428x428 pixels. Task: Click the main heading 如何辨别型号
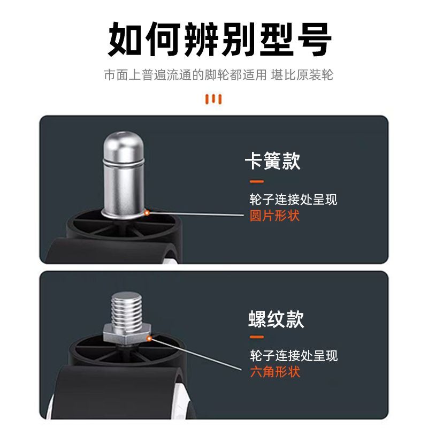point(220,39)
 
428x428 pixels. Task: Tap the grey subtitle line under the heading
point(219,75)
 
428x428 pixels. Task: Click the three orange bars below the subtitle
point(213,100)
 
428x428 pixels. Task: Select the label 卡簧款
point(272,161)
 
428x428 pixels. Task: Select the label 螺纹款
point(276,319)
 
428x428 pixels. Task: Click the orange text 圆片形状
point(274,216)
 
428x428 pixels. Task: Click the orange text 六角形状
point(275,372)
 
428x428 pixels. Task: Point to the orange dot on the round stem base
point(147,212)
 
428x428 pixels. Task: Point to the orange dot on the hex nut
point(149,339)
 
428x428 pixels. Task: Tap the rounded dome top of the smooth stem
point(124,145)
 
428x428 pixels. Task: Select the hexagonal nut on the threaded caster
point(127,333)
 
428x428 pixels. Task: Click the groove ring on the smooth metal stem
point(124,163)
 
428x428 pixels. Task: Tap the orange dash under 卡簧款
point(257,181)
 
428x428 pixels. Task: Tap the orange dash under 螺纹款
point(257,337)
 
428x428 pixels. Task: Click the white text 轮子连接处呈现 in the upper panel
point(293,199)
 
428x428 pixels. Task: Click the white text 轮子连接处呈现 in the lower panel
point(294,355)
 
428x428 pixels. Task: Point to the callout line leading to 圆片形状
point(196,213)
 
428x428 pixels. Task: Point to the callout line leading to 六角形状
point(196,354)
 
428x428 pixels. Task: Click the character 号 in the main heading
point(314,39)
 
